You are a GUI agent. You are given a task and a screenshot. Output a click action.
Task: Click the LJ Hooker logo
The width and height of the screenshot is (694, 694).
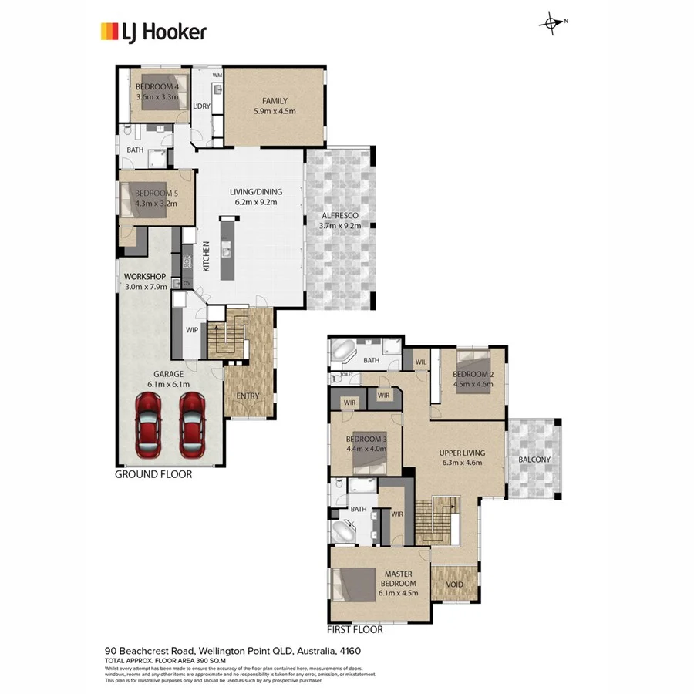click(153, 32)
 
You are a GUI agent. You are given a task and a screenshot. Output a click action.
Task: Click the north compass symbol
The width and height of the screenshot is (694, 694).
click(551, 23)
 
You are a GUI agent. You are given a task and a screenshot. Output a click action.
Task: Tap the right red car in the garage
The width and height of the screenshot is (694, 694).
click(192, 423)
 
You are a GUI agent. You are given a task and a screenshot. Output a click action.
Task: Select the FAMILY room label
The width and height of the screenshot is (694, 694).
click(275, 101)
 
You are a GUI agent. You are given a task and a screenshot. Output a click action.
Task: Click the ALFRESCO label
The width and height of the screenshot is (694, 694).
click(339, 216)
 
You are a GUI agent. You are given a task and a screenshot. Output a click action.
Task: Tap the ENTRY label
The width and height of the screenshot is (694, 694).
click(248, 396)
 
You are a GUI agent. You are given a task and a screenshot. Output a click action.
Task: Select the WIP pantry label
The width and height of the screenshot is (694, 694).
click(192, 329)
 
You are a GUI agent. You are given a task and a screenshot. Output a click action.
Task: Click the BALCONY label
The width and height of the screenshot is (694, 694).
click(535, 460)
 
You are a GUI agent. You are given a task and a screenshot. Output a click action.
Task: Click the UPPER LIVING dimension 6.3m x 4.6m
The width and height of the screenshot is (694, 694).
click(460, 463)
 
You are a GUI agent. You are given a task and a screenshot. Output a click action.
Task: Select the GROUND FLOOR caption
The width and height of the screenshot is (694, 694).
click(153, 475)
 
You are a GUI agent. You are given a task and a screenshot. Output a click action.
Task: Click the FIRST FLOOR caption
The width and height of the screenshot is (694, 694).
click(355, 629)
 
